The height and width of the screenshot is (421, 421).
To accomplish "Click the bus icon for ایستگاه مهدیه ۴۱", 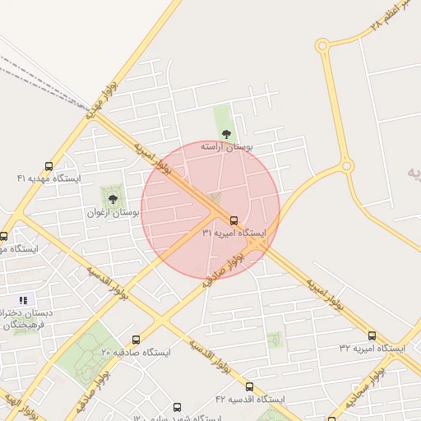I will point(49,166).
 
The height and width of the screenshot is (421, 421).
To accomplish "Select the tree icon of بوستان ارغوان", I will point(113,198).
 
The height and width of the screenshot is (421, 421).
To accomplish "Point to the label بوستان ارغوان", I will point(113,212).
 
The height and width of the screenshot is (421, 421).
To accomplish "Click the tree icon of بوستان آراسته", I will point(226,134).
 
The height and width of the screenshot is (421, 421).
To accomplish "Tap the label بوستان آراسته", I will point(229,146).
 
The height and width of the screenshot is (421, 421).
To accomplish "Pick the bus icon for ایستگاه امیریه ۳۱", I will point(234,220).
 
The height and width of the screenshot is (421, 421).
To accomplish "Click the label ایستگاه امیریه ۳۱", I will point(234,234).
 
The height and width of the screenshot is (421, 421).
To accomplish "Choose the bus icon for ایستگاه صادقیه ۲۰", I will point(136,340).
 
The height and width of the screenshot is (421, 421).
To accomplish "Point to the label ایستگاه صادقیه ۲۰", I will point(136,352).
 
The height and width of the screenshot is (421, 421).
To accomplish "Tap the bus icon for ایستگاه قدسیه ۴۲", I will point(249,386).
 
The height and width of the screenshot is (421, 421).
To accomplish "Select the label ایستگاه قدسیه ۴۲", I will point(249,399).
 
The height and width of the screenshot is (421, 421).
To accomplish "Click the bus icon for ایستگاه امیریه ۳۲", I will point(372,335).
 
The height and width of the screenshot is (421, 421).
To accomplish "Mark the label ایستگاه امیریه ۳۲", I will point(372,349).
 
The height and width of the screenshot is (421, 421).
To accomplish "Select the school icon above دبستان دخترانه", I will point(23,301).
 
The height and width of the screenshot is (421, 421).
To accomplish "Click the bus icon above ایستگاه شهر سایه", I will point(177,406).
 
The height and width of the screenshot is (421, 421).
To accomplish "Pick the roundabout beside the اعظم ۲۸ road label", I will point(322,46).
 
